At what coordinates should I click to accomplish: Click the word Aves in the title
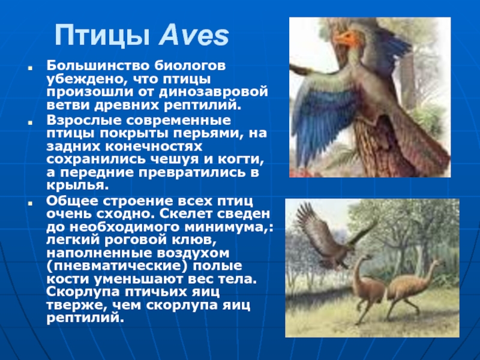pyautogui.click(x=194, y=35)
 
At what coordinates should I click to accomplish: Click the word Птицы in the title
pyautogui.click(x=102, y=36)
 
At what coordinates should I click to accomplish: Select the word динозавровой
pyautogui.click(x=213, y=92)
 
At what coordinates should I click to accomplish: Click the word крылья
pyautogui.click(x=77, y=185)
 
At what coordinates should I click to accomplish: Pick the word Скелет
pyautogui.click(x=186, y=214)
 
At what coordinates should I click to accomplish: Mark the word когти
pyautogui.click(x=241, y=160)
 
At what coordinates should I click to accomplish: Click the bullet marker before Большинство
pyautogui.click(x=30, y=68)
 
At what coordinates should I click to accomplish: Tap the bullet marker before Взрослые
pyautogui.click(x=30, y=122)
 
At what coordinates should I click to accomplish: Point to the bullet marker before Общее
pyautogui.click(x=30, y=203)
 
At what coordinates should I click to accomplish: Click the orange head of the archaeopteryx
pyautogui.click(x=347, y=38)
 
